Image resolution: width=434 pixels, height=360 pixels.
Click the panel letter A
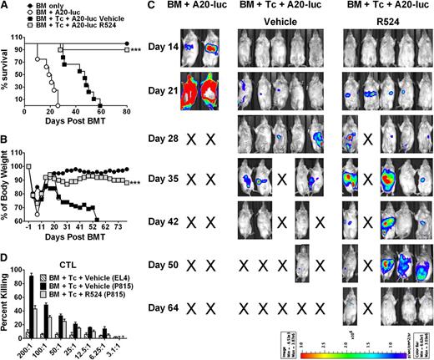pos(5,6)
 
